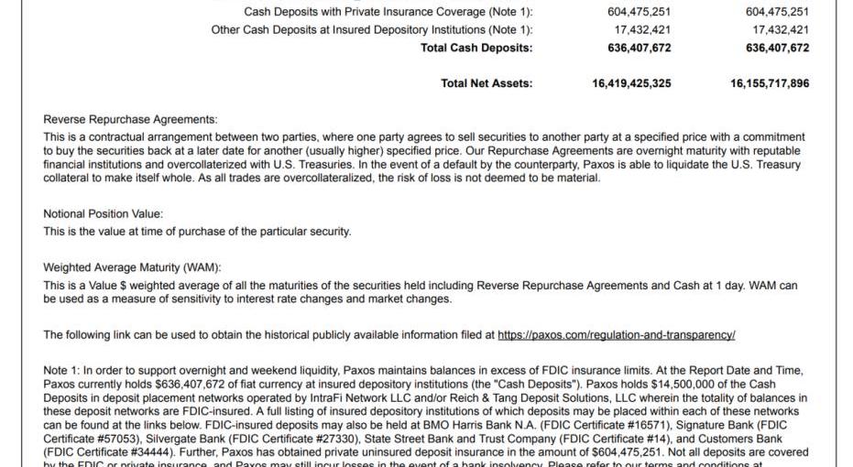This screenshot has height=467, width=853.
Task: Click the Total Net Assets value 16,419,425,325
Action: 632,83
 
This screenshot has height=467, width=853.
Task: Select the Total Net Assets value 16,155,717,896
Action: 770,83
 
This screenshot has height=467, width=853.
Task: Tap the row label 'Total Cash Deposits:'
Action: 476,48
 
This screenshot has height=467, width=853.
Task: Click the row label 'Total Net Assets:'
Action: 487,83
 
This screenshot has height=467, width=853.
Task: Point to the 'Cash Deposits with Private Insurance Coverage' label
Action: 388,12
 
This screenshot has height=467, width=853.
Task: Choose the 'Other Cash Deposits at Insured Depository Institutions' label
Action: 372,29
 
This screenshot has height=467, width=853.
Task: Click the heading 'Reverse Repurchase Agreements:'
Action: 131,119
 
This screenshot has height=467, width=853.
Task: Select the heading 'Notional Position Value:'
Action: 103,214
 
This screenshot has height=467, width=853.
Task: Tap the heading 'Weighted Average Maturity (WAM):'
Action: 132,268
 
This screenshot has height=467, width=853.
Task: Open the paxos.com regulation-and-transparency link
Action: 617,335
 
